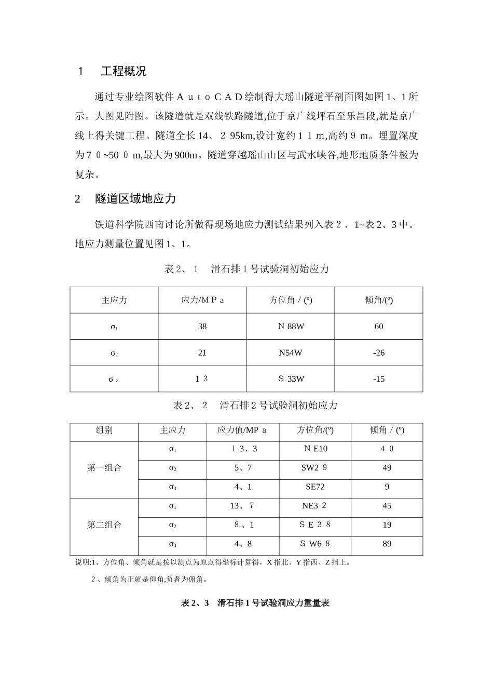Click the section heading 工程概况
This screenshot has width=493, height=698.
124,72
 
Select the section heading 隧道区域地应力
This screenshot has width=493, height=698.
135,199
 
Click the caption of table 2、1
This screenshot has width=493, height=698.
246,269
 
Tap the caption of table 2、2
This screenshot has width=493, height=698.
255,405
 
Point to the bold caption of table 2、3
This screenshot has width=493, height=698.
255,603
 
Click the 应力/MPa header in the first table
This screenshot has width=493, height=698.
202,300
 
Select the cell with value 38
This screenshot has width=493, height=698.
202,326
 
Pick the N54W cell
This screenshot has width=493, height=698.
291,353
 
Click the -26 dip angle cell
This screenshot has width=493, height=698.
379,353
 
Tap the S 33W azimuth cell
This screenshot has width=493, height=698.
291,379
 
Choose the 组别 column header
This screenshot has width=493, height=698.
104,430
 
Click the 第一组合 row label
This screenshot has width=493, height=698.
104,468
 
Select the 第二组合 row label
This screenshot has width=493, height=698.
104,525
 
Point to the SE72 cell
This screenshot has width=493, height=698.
315,487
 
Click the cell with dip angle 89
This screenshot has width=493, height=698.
387,544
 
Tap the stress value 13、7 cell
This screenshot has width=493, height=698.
242,506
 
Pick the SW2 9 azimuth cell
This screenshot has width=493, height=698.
314,468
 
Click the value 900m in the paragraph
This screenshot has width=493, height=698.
187,155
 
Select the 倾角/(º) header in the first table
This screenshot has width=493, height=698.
379,300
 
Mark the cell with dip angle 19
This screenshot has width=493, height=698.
387,525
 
